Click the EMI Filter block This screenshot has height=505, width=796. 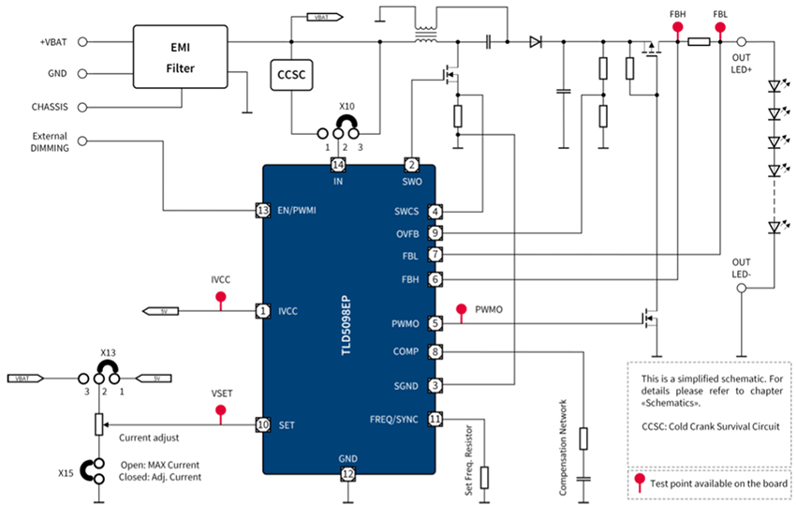point(181,56)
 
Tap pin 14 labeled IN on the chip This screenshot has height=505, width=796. point(338,165)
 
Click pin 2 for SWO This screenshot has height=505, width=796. point(411,165)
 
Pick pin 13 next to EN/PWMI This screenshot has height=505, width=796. point(263,211)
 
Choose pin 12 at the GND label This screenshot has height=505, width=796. point(348,475)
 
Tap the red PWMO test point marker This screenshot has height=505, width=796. point(460,310)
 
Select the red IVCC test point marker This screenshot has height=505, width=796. point(221,298)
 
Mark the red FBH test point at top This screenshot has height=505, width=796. point(677,28)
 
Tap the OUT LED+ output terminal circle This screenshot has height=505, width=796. point(741,42)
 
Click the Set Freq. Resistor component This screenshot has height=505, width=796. point(484,476)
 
